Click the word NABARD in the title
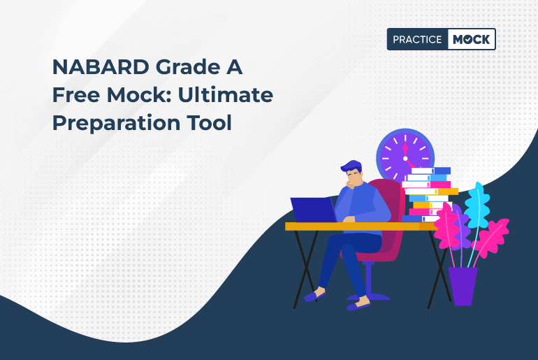[101, 67]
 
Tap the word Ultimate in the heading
[226, 95]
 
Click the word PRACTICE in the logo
[417, 39]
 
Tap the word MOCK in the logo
[472, 39]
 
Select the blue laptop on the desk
[314, 210]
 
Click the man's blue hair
[351, 167]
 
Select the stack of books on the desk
[430, 194]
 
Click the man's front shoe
[358, 304]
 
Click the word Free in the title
[76, 95]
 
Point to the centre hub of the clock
[405, 159]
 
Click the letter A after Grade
[234, 67]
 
